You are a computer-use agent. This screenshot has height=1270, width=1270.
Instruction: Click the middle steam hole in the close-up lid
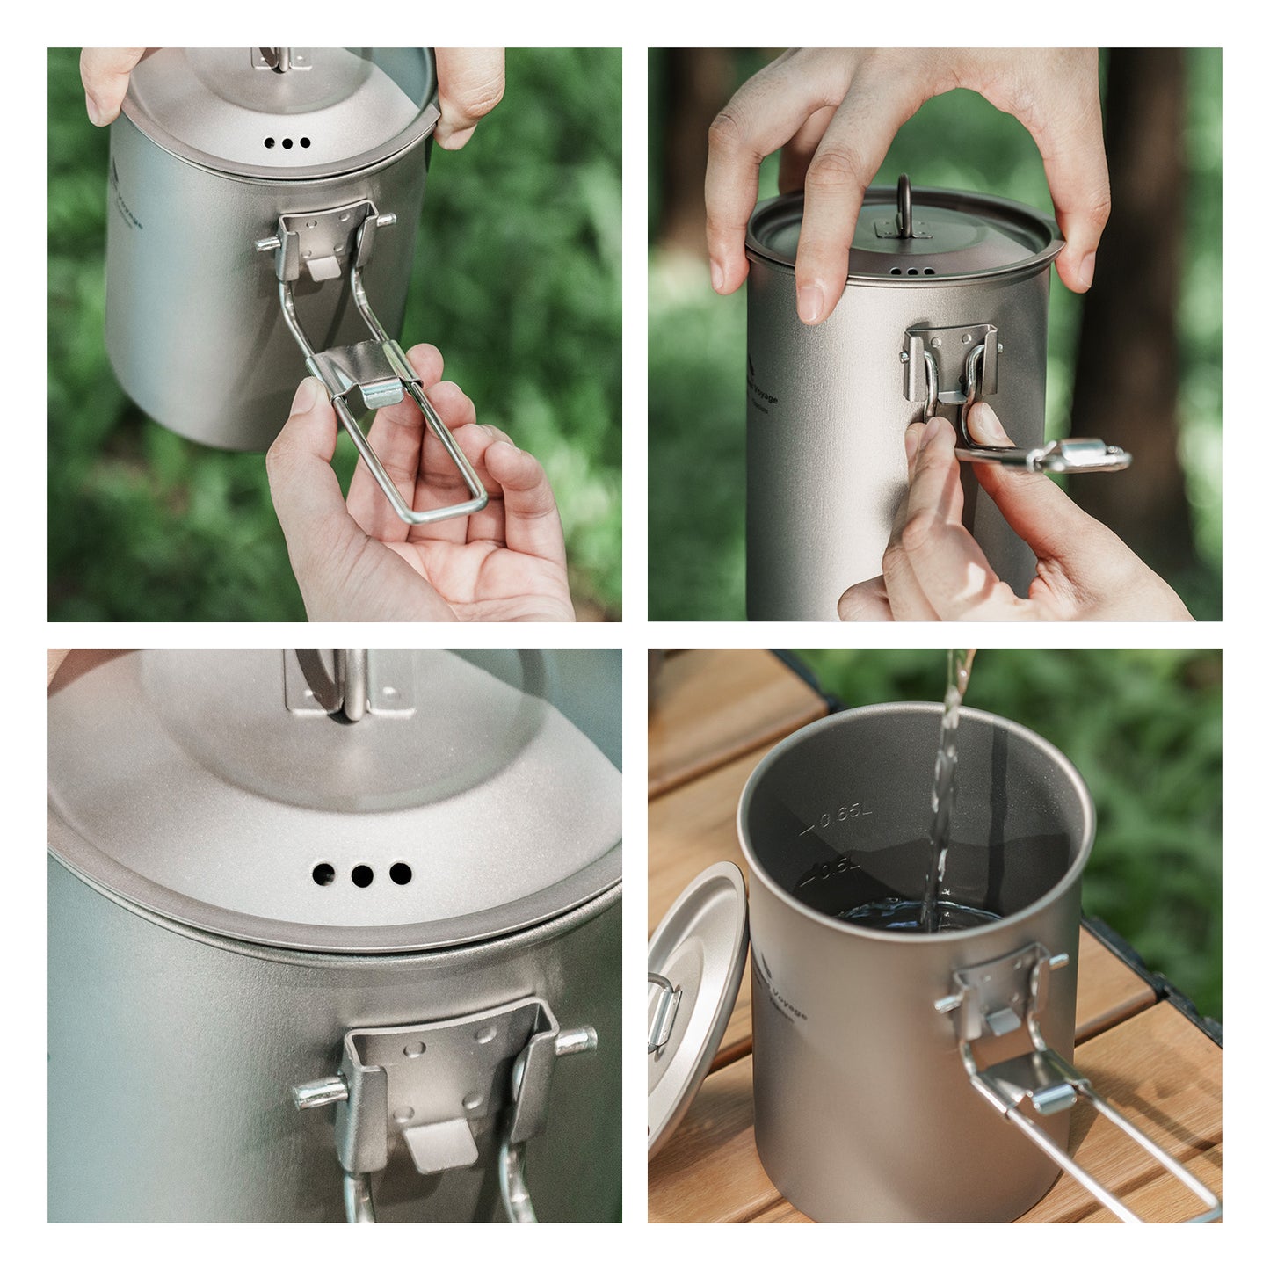pyautogui.click(x=361, y=875)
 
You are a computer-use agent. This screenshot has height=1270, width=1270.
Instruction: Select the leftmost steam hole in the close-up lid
pyautogui.click(x=323, y=874)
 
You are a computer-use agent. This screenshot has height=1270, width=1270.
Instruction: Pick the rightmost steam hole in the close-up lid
pyautogui.click(x=401, y=873)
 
